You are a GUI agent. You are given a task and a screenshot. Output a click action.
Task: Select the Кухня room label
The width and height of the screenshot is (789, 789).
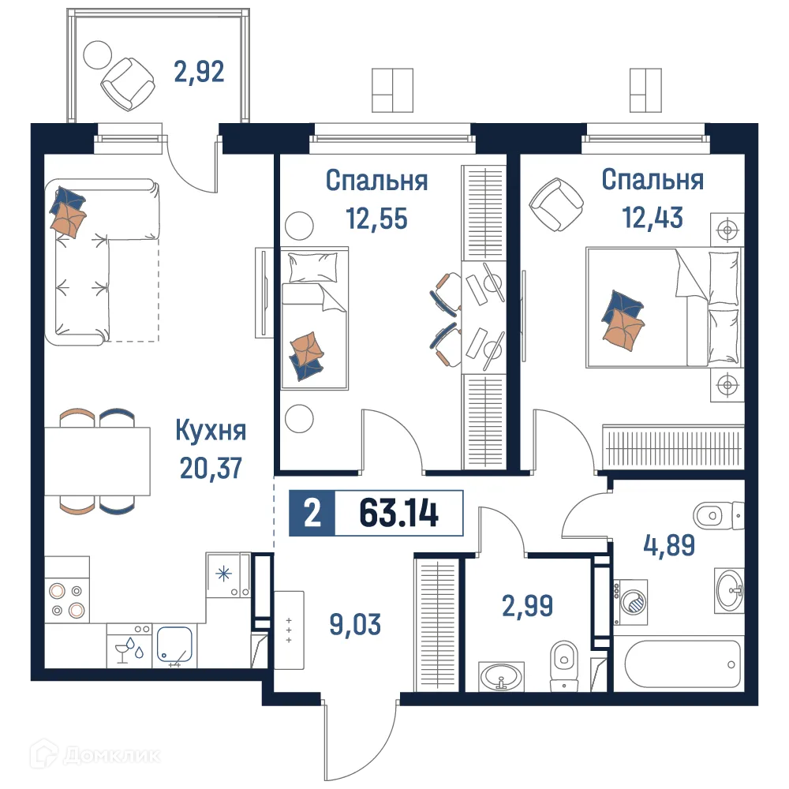click(x=210, y=432)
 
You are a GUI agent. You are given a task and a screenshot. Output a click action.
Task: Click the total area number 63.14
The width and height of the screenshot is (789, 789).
click(x=398, y=514)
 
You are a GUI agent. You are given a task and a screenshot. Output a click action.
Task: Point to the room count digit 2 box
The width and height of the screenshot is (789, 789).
click(x=312, y=514)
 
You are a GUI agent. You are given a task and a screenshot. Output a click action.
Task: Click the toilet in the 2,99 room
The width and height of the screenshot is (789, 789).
click(x=563, y=663)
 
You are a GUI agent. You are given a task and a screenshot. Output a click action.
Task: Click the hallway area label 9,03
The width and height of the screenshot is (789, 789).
click(x=355, y=625)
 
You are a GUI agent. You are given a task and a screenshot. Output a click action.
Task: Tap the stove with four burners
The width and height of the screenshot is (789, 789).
click(x=66, y=599)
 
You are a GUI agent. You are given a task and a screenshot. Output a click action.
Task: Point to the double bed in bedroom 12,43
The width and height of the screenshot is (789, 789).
click(x=663, y=308)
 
